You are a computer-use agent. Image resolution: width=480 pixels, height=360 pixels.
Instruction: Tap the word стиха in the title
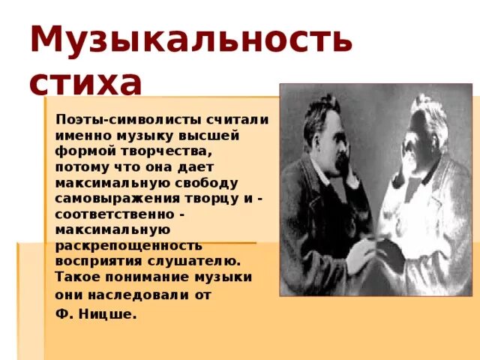pyautogui.click(x=85, y=82)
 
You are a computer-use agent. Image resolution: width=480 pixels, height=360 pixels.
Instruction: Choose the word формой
pyautogui.click(x=82, y=152)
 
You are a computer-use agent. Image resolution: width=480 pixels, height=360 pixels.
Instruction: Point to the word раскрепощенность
pyautogui.click(x=128, y=245)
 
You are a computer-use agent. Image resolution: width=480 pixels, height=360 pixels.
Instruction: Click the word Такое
pyautogui.click(x=77, y=277)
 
